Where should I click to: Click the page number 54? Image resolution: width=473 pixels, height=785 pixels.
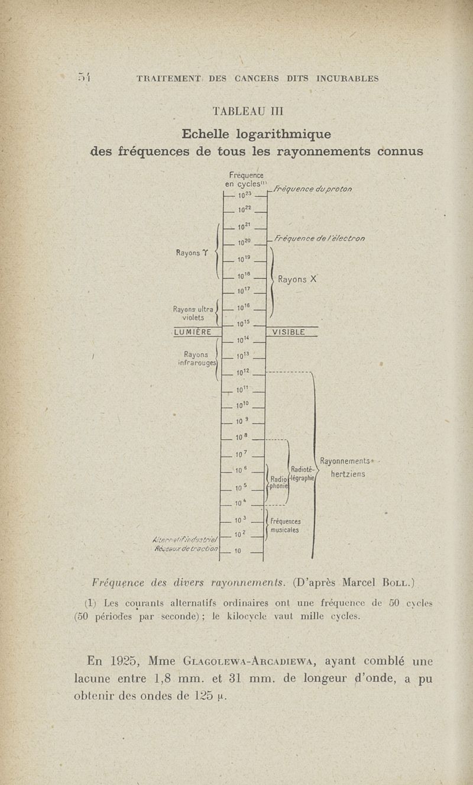pyautogui.click(x=85, y=77)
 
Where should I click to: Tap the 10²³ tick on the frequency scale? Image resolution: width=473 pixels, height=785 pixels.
pyautogui.click(x=246, y=195)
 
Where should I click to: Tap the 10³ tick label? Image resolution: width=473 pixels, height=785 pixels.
pyautogui.click(x=240, y=521)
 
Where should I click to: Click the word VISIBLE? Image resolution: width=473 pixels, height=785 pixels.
pyautogui.click(x=288, y=332)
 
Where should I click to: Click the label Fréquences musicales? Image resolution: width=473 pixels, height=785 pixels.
pyautogui.click(x=285, y=526)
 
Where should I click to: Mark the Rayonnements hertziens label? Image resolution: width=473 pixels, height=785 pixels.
pyautogui.click(x=346, y=467)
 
